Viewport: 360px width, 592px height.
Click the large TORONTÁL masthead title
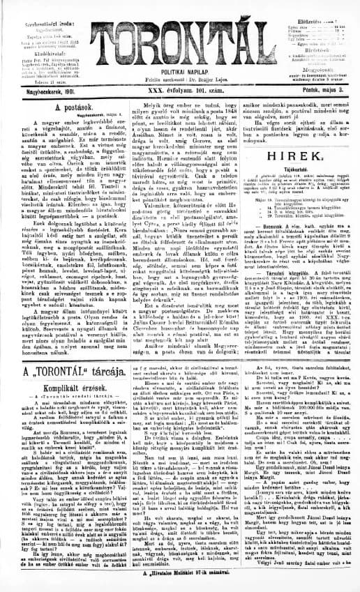point(179,31)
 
